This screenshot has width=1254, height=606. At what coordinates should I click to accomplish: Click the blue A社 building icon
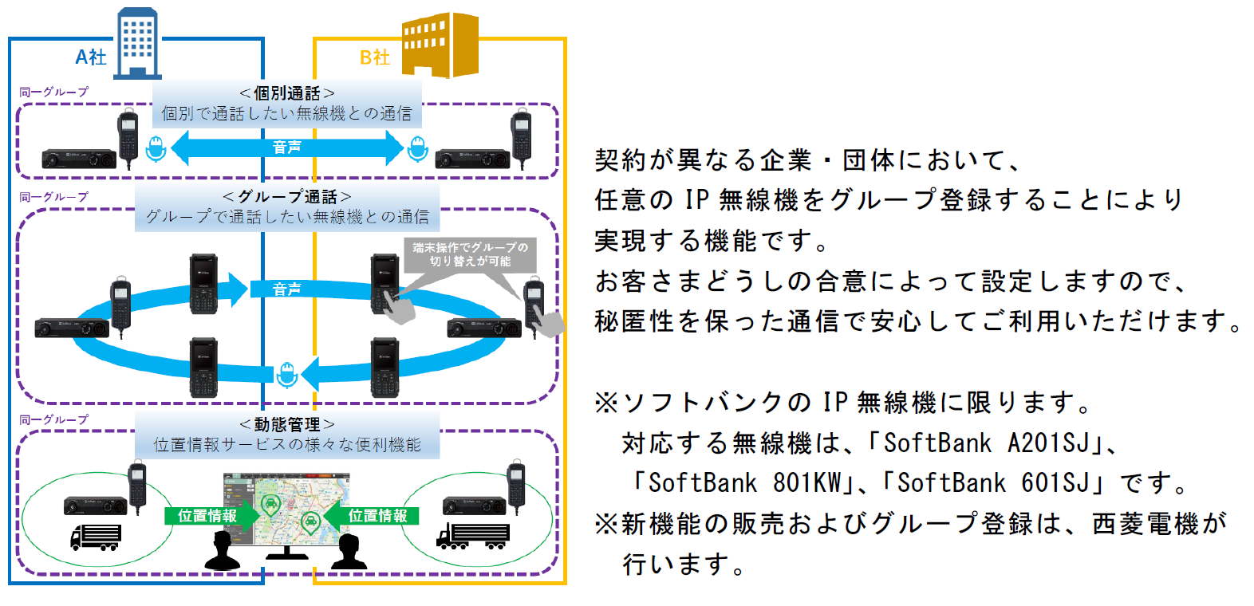[137, 44]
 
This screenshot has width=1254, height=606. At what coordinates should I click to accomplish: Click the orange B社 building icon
[440, 45]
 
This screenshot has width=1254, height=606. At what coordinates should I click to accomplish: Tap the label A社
[91, 57]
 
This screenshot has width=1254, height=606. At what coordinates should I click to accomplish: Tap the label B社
[375, 57]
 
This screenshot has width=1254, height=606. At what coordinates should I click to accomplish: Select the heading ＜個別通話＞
[287, 93]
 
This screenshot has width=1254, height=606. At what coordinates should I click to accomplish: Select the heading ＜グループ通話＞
[287, 196]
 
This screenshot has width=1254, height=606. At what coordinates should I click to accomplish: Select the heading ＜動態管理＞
[287, 424]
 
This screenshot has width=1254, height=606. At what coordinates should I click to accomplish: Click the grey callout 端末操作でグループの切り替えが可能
[470, 254]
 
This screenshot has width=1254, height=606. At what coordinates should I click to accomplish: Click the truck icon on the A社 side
[96, 537]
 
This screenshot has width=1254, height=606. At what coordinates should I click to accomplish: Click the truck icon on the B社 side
[472, 535]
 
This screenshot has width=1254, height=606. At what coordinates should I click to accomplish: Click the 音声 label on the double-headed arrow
[287, 148]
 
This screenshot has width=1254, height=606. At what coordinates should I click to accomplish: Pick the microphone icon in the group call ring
[286, 373]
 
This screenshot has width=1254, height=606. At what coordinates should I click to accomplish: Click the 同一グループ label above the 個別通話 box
[54, 92]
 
